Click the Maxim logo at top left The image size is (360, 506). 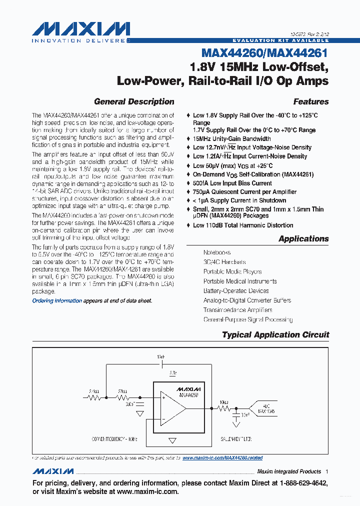click(80, 31)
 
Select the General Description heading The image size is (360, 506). click(134, 101)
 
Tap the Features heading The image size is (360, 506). click(310, 101)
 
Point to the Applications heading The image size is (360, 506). click(303, 238)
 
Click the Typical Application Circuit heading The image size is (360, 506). click(275, 335)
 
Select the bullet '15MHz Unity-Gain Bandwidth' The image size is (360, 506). click(232, 138)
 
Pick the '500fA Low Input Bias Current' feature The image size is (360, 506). click(232, 183)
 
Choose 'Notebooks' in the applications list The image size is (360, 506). click(217, 253)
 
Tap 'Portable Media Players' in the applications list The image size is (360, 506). click(232, 271)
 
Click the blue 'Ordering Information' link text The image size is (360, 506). click(57, 300)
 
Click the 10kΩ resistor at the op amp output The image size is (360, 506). click(223, 408)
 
